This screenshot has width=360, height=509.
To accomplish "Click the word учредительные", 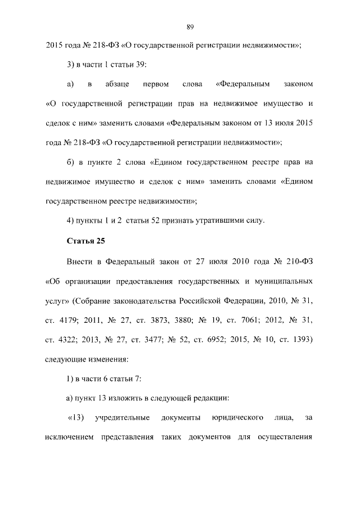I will [123, 418].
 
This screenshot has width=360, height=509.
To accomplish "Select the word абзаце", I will [117, 84].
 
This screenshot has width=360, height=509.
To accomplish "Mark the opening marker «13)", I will [75, 418].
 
